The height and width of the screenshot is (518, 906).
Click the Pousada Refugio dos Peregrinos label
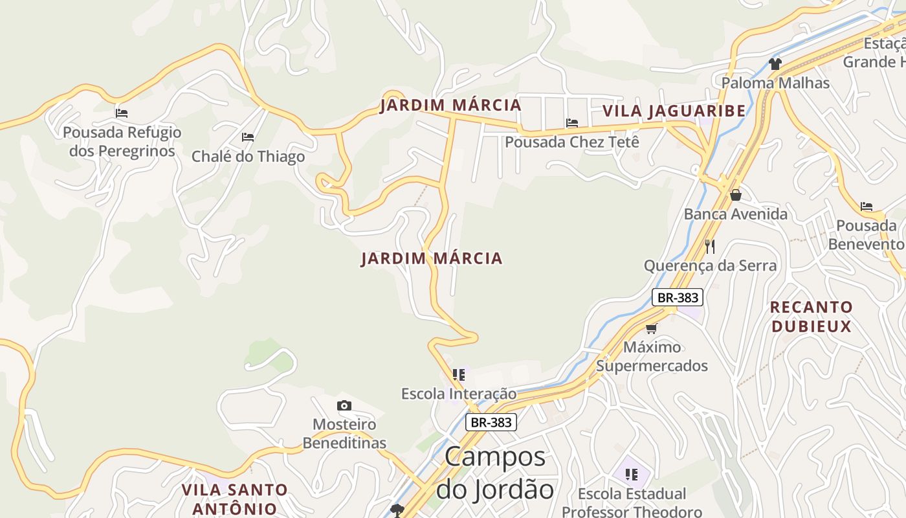[122, 142]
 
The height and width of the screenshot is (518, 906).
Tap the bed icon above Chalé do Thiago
[247, 137]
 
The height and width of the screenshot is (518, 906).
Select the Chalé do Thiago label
[248, 157]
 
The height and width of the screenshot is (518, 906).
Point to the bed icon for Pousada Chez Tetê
[571, 123]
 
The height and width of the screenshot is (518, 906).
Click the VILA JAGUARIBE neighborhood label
[674, 111]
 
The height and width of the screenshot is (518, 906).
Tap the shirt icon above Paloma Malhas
[775, 63]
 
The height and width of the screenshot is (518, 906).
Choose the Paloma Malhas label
[775, 83]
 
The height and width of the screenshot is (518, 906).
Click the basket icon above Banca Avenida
[735, 194]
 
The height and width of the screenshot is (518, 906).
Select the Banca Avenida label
[736, 214]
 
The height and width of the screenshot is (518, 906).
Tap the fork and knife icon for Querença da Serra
[710, 246]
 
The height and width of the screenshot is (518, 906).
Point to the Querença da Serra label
[710, 265]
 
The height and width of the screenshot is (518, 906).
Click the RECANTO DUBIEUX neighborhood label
[812, 316]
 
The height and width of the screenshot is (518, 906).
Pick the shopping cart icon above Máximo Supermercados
[652, 328]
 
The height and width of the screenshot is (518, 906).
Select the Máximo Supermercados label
[652, 356]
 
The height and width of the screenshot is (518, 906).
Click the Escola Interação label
[459, 394]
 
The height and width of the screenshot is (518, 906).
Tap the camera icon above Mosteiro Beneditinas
[344, 406]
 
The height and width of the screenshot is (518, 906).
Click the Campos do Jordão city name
[495, 473]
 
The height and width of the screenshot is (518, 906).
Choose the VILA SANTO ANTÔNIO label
[234, 499]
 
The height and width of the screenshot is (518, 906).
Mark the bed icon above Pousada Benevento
[867, 207]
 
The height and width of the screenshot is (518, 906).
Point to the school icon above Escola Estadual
[632, 475]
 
